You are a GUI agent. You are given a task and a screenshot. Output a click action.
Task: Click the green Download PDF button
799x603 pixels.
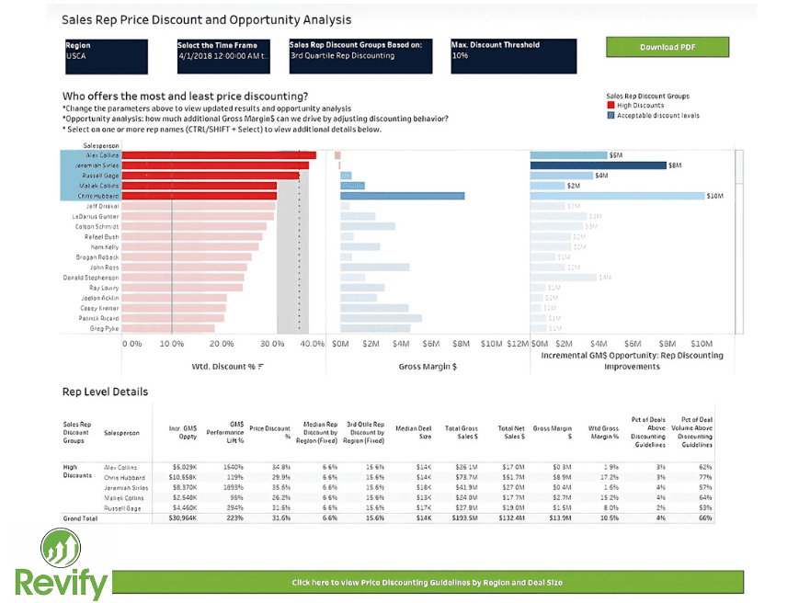coord(667,47)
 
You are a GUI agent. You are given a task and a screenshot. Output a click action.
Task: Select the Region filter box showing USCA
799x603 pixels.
coord(114,56)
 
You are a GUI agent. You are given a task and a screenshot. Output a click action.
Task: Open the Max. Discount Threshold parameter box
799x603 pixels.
coord(513,56)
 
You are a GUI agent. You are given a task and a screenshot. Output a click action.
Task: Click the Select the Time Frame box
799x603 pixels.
coord(226,56)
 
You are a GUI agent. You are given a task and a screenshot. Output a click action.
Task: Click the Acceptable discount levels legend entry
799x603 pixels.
coord(656,115)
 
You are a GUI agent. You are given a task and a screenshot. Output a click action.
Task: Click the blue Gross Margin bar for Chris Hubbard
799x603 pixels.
coord(402,196)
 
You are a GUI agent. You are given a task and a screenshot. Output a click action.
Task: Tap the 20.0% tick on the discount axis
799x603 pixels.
coord(222,344)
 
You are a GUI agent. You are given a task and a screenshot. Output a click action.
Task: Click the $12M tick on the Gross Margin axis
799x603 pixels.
coord(518,344)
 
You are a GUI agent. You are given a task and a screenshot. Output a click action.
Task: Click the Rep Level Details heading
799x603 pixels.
coord(105,392)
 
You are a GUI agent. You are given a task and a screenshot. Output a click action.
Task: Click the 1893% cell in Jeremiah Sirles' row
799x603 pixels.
coord(232,487)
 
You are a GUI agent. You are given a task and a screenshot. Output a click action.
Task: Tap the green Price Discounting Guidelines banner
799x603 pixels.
coord(427,583)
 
